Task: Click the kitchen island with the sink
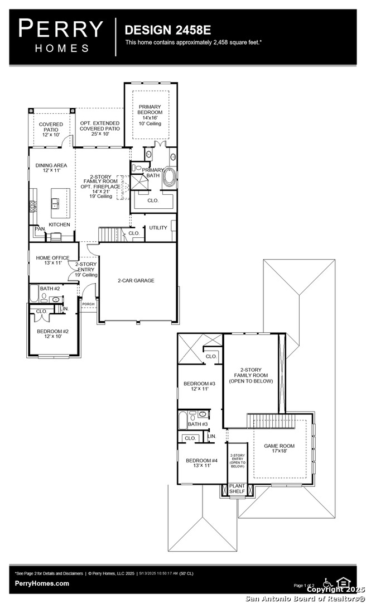pyautogui.click(x=60, y=203)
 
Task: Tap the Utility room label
pyautogui.click(x=157, y=228)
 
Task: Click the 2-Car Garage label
pyautogui.click(x=136, y=280)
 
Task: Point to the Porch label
pyautogui.click(x=88, y=304)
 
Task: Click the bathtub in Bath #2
pyautogui.click(x=33, y=295)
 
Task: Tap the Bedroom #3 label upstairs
pyautogui.click(x=199, y=386)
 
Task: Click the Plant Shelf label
pyautogui.click(x=237, y=489)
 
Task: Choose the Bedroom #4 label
pyautogui.click(x=198, y=463)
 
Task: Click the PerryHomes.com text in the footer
pyautogui.click(x=42, y=583)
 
